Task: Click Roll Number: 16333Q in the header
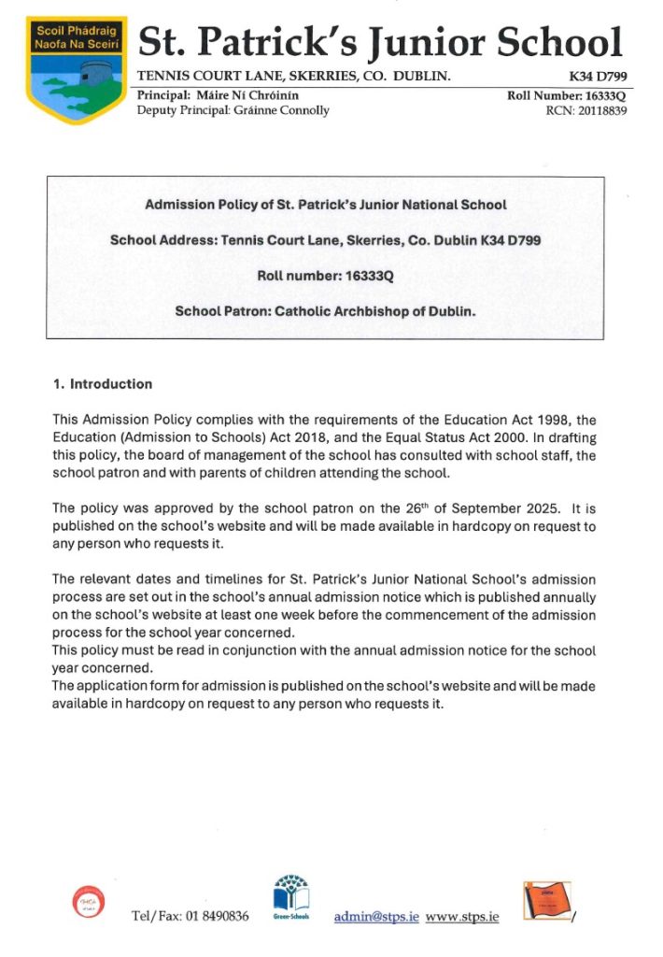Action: pos(566,95)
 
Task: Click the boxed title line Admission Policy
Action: pos(326,204)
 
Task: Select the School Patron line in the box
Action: pos(326,310)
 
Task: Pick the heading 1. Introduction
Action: pos(102,384)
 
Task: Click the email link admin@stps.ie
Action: pos(376,917)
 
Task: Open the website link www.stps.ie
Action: pos(461,917)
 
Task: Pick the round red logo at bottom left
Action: pos(82,903)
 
